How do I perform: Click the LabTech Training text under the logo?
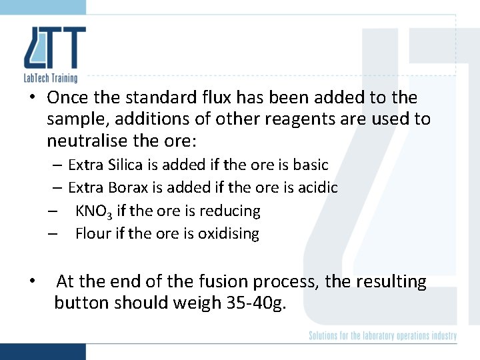coord(50,78)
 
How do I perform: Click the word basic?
coord(310,164)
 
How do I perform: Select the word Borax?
coord(124,188)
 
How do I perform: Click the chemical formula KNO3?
coord(94,211)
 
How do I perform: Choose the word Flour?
coord(91,234)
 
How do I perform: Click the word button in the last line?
coord(81,303)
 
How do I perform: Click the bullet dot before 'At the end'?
coord(32,281)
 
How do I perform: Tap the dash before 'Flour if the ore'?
coord(52,234)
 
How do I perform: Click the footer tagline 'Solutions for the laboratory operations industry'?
coord(383,335)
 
